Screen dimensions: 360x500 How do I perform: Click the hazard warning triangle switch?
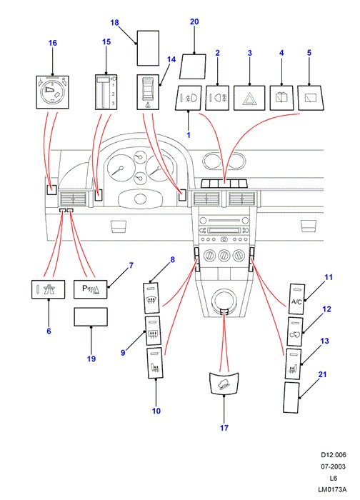tap(249, 98)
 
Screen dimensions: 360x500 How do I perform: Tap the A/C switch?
tap(296, 299)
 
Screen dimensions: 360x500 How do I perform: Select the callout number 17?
tap(224, 428)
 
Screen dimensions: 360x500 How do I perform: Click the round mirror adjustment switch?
tap(52, 92)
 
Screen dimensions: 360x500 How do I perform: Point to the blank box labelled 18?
tap(148, 48)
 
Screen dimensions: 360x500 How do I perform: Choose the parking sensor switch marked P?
tap(91, 289)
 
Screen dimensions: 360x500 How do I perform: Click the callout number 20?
tap(194, 21)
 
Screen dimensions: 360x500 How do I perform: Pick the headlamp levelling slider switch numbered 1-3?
tap(106, 92)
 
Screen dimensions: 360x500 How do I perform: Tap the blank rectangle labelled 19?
tap(91, 316)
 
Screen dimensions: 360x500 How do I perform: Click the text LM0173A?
tap(332, 489)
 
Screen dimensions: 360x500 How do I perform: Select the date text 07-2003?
tap(333, 466)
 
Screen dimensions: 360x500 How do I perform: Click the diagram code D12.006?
tap(334, 455)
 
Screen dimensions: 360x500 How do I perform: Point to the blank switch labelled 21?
tap(291, 398)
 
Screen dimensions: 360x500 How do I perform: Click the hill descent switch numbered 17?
tap(224, 384)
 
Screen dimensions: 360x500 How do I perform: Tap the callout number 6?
tap(49, 331)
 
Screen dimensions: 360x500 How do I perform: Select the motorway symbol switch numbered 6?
tap(48, 289)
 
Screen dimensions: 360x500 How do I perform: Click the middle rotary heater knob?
tap(224, 255)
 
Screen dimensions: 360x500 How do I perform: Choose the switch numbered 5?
tap(311, 98)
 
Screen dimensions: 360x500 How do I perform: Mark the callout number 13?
tap(324, 341)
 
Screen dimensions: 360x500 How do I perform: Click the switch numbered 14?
tap(148, 92)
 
